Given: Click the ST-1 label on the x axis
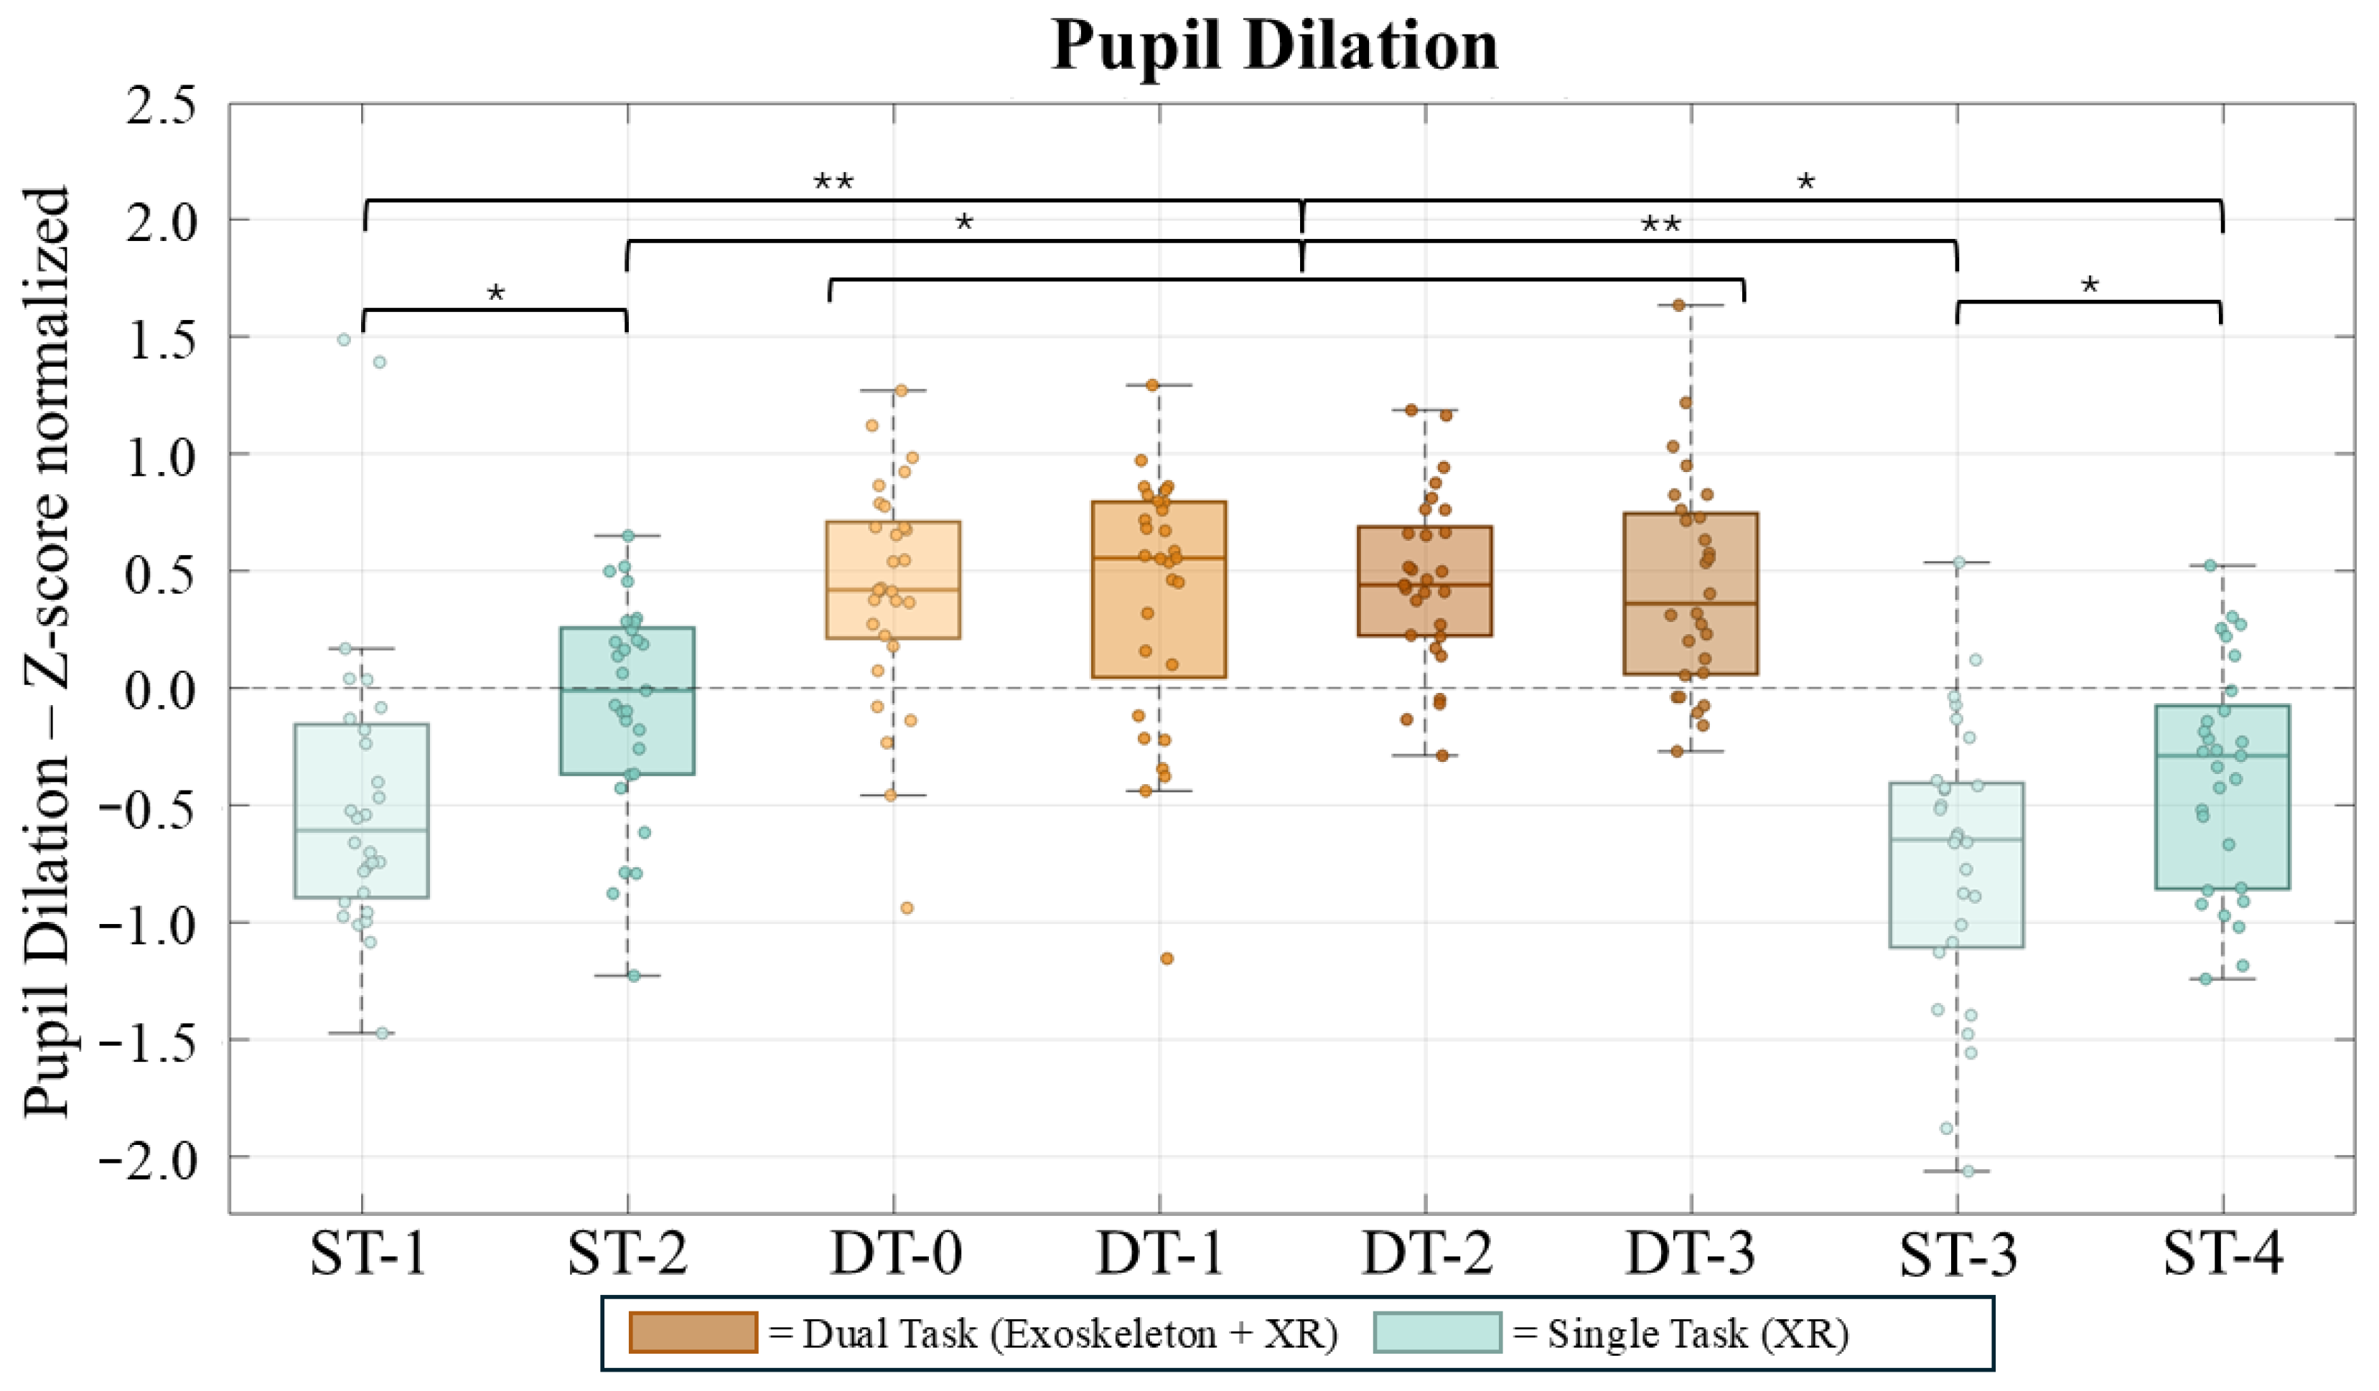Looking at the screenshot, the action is pos(368,1254).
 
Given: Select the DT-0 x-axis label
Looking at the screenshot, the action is pos(896,1254).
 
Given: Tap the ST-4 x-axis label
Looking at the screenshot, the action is pos(2223,1254).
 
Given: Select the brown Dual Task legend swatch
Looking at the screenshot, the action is pos(693,1331).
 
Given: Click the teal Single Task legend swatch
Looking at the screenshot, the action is pos(1437,1331).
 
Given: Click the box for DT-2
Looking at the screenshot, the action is pos(1424,580).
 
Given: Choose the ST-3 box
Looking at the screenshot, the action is pos(1956,864).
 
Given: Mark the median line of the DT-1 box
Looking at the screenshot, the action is pos(1159,557).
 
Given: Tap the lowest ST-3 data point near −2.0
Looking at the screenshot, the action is pos(1968,1171).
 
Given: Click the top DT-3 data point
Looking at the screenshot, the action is pos(1678,305).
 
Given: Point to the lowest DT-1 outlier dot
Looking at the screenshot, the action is pos(1167,959).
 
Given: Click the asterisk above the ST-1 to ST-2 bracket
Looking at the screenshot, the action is pos(495,293).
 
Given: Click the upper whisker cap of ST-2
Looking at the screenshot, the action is pos(628,535).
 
